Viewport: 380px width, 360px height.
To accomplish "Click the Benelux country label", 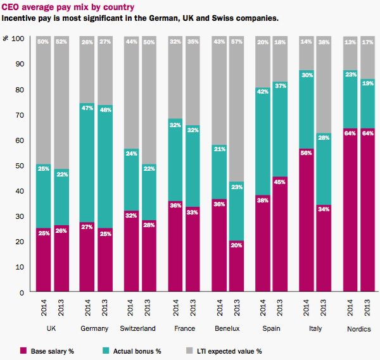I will [227, 329].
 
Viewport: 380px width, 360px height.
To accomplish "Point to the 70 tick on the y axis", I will [20, 115].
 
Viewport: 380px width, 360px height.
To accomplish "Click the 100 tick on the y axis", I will [18, 39].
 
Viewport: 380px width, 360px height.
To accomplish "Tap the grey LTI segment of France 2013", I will [193, 82].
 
